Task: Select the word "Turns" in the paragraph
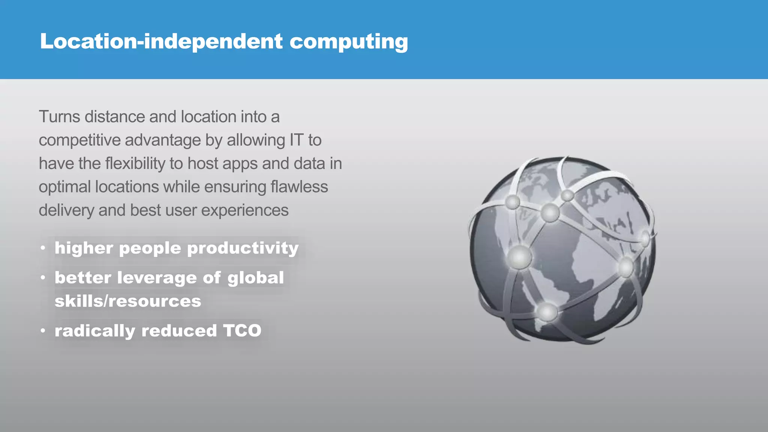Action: pos(59,117)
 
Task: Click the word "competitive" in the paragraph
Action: pos(79,140)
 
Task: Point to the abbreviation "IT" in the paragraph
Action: pos(296,140)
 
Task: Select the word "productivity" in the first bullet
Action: pos(243,248)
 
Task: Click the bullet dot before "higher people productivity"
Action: pos(43,248)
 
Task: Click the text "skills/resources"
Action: pos(128,301)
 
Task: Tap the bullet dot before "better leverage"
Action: pos(43,278)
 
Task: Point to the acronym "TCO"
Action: pos(242,331)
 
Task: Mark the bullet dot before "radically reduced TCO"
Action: pos(43,331)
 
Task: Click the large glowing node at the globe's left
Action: pos(519,257)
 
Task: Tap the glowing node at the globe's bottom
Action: pos(547,312)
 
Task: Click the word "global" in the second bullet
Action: pos(255,278)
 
